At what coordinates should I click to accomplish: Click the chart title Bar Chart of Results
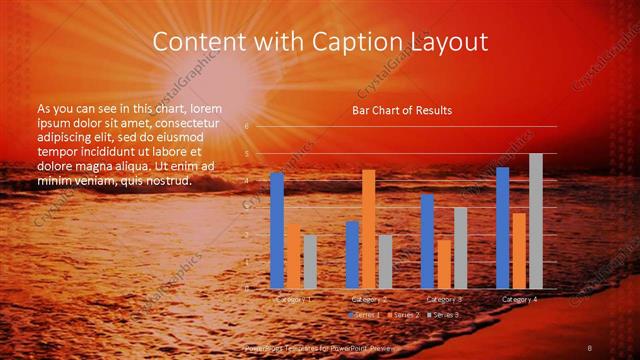[x=401, y=110]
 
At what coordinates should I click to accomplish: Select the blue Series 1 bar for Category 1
[x=277, y=230]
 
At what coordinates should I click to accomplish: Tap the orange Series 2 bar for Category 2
[x=368, y=229]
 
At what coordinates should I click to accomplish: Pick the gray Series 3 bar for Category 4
[x=535, y=221]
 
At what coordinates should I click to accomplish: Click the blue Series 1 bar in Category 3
[x=427, y=241]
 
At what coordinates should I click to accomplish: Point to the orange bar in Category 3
[x=443, y=263]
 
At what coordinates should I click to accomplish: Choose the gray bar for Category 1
[x=309, y=261]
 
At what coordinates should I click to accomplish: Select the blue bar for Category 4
[x=502, y=227]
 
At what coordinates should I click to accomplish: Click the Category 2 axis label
[x=369, y=299]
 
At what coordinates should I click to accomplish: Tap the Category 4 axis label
[x=519, y=299]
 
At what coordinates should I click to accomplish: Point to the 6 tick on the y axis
[x=246, y=127]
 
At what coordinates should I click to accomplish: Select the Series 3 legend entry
[x=444, y=315]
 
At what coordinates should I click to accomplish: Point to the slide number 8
[x=589, y=347]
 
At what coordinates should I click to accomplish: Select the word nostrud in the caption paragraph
[x=164, y=181]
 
